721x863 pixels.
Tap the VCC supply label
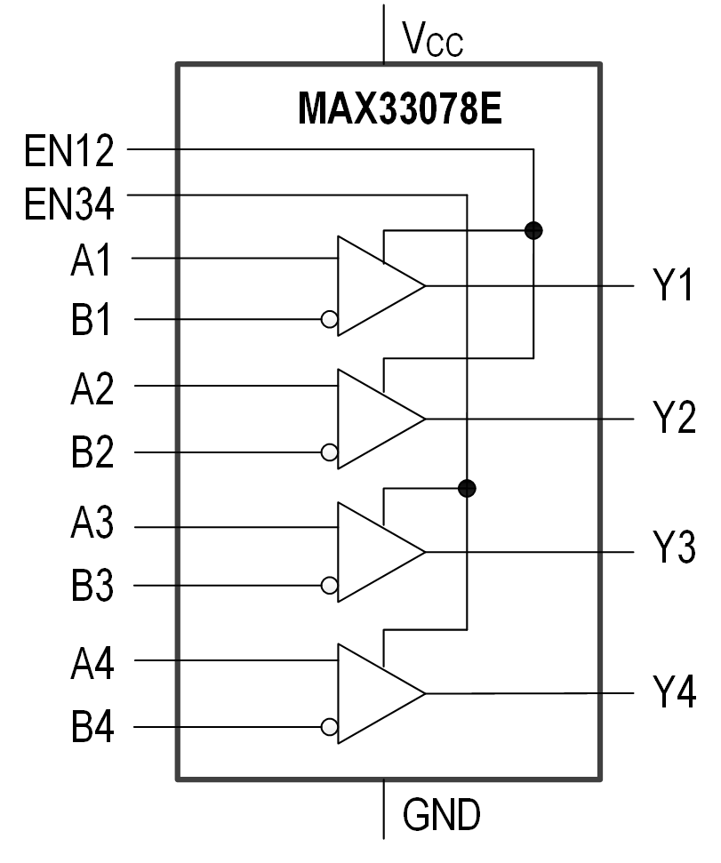tap(432, 39)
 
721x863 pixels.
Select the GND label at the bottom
tap(441, 813)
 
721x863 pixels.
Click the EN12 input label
tap(69, 153)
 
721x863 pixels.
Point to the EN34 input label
tap(69, 204)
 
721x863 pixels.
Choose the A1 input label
tap(92, 263)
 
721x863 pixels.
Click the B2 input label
tap(92, 452)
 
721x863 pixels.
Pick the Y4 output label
tap(674, 692)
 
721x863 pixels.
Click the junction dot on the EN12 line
tap(533, 231)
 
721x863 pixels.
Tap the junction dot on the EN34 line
tap(467, 488)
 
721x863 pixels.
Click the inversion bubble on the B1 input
tap(330, 319)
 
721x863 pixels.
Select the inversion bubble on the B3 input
tap(330, 586)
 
